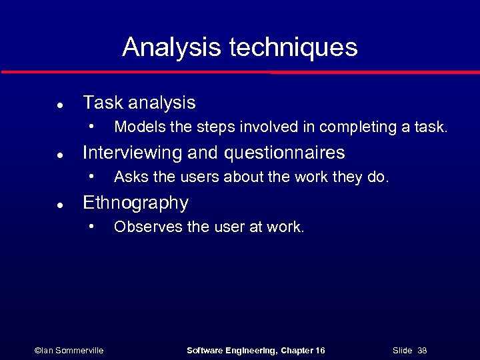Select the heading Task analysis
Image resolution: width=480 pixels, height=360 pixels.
[139, 103]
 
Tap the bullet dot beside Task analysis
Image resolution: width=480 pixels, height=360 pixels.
[60, 105]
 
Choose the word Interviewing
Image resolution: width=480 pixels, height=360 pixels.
[131, 153]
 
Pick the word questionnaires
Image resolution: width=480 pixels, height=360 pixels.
[285, 153]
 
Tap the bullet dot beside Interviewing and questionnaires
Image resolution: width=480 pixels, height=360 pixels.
[60, 155]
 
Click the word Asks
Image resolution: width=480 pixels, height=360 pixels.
[128, 177]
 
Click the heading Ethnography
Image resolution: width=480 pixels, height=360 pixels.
[135, 203]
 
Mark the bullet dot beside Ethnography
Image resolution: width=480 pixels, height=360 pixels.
[60, 205]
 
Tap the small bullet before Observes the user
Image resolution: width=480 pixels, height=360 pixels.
[94, 227]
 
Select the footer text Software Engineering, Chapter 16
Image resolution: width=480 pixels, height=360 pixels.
[255, 350]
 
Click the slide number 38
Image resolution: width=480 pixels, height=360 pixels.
[422, 350]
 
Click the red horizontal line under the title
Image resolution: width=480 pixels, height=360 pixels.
[240, 72]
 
